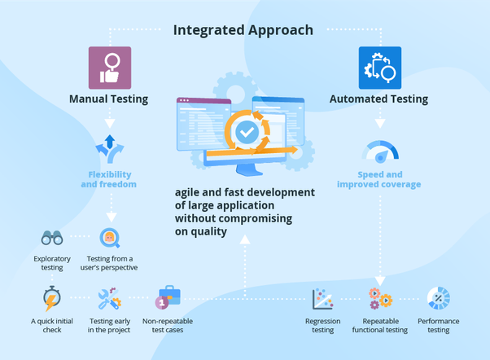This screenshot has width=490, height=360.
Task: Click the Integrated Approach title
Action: click(x=243, y=30)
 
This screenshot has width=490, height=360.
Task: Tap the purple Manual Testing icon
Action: click(x=109, y=68)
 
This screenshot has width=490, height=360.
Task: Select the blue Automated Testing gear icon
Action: click(x=379, y=68)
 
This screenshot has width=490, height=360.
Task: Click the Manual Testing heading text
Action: click(x=109, y=99)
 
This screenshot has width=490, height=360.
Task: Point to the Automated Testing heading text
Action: click(x=378, y=99)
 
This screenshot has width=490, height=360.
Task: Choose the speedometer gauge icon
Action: click(x=380, y=151)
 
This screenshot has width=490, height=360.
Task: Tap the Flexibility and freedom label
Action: click(x=109, y=179)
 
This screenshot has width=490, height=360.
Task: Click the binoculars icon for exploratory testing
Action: click(x=52, y=238)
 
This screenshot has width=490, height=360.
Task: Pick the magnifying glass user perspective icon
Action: click(x=109, y=238)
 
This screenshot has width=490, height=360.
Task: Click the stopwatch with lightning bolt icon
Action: click(x=52, y=299)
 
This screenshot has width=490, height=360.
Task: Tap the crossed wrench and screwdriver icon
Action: click(x=109, y=299)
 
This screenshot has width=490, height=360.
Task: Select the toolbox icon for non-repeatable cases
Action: click(x=168, y=296)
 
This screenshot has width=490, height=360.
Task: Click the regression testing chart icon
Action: click(x=323, y=299)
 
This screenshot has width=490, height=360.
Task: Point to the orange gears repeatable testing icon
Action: click(x=379, y=299)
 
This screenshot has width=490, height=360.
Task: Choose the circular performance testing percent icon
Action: click(x=439, y=299)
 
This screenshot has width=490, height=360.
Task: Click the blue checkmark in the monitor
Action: click(x=246, y=130)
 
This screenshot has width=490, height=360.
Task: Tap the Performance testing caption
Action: click(x=439, y=326)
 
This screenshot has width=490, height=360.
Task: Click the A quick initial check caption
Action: click(x=52, y=326)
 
